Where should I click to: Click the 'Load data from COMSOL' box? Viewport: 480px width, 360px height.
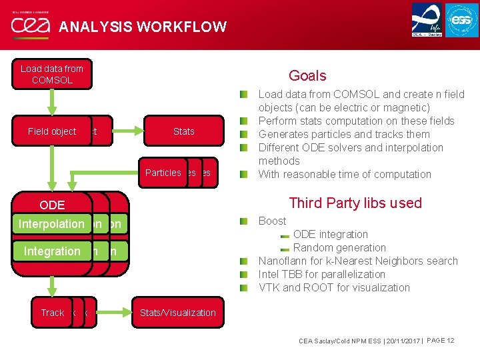(x=51, y=75)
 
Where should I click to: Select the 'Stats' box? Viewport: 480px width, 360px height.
(x=183, y=131)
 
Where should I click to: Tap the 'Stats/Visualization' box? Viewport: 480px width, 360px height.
(x=177, y=312)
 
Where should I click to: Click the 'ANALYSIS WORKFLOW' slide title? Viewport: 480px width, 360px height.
(x=143, y=27)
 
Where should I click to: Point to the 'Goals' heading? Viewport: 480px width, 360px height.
(x=307, y=75)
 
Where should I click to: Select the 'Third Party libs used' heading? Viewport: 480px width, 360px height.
(x=355, y=203)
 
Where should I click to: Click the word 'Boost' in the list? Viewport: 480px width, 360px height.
(x=272, y=221)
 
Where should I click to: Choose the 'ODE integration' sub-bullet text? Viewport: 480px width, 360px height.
(x=330, y=234)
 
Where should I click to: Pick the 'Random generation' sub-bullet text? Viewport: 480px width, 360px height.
(x=339, y=247)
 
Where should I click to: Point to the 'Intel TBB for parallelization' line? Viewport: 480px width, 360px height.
(x=321, y=274)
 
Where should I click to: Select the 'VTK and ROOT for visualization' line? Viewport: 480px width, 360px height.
(x=334, y=287)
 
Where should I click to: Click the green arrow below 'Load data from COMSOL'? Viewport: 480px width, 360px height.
(x=51, y=103)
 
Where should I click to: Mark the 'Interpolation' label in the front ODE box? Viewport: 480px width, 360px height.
(x=51, y=224)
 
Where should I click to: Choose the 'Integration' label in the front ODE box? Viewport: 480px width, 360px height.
(x=51, y=251)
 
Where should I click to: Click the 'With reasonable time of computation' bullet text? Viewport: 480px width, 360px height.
(x=345, y=174)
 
